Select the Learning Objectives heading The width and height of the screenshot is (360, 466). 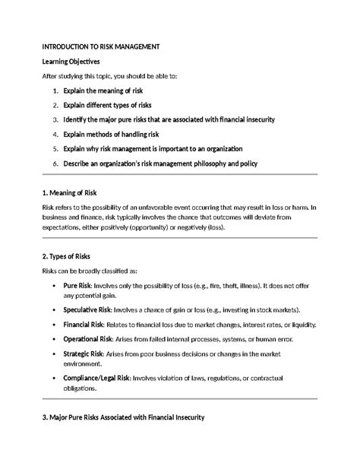tap(71, 61)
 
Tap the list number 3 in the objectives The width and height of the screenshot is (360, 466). tap(55, 120)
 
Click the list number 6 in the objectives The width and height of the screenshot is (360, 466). tap(55, 163)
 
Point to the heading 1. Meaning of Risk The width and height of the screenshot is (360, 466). tap(76, 192)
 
